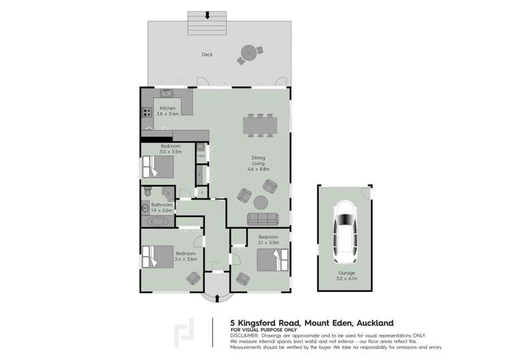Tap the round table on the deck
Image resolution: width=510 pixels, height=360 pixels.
250,51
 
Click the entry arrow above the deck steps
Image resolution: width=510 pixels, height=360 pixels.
208,13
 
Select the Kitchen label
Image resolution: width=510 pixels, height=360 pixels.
168,108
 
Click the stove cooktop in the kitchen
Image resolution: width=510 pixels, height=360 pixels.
146,113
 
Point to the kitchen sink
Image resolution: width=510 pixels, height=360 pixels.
168,93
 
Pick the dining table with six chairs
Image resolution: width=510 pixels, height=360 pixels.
261,125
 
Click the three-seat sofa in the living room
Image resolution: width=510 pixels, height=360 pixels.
262,219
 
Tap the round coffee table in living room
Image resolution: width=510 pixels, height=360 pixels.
261,202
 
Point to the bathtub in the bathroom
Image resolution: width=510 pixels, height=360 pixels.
158,222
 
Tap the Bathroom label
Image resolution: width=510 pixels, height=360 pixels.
162,204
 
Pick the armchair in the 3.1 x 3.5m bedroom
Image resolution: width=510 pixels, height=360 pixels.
242,278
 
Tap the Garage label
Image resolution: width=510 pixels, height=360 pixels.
347,273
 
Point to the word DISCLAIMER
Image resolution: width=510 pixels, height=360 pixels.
244,336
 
